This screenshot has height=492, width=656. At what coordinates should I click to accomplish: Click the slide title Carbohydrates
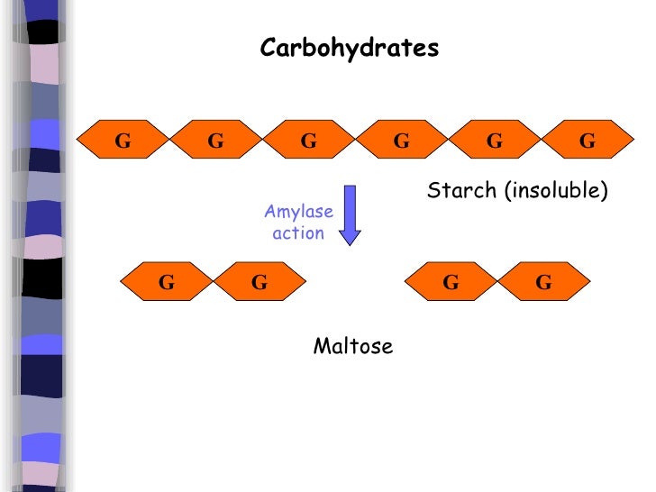click(x=350, y=48)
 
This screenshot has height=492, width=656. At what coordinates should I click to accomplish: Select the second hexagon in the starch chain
click(x=216, y=141)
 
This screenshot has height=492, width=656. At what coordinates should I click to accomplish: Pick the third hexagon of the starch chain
click(x=309, y=141)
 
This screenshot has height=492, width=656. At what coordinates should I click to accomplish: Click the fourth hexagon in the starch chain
click(x=402, y=141)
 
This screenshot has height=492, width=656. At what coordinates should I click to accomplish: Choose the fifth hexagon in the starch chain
click(x=495, y=141)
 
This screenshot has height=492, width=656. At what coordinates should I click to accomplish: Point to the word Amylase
click(x=298, y=212)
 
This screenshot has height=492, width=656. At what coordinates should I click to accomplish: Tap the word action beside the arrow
click(x=298, y=233)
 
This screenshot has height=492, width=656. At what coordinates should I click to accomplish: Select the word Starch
click(x=461, y=191)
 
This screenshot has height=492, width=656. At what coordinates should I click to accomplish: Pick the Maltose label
click(x=353, y=347)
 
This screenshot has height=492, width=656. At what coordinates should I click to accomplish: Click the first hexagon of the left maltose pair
click(x=167, y=283)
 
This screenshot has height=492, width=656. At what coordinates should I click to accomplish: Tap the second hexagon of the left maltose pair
click(x=260, y=283)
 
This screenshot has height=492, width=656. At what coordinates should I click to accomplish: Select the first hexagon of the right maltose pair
click(x=451, y=283)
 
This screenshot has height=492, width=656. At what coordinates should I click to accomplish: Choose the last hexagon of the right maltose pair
click(x=543, y=283)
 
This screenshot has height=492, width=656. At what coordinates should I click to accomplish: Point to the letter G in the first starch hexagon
click(x=123, y=141)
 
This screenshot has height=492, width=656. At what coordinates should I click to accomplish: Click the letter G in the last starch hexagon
click(x=588, y=141)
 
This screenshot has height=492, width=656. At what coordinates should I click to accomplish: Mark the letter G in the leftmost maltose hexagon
click(x=167, y=283)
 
